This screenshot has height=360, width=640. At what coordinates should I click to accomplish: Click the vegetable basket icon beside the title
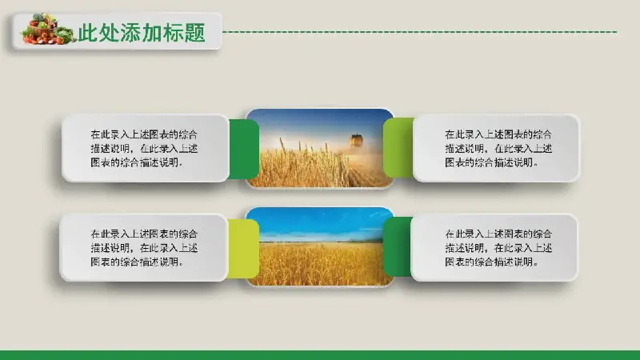coord(48,29)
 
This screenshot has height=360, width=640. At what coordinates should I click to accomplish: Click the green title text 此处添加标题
coord(142,33)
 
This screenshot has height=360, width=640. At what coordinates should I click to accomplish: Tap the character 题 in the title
coord(194,33)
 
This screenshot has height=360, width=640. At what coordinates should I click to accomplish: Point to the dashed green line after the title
coord(420,31)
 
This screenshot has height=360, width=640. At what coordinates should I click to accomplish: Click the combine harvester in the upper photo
coord(356,140)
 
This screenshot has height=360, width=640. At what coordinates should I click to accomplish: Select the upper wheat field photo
coord(319,148)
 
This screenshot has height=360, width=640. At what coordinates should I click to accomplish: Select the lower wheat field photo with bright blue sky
coord(319,246)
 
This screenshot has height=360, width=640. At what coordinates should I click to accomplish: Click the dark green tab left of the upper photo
coord(243,149)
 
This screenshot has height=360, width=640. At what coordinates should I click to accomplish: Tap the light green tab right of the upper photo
coord(398,147)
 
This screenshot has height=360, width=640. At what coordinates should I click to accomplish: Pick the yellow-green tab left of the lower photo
coord(243,249)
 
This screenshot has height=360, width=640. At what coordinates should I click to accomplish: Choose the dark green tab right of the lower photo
coord(398,246)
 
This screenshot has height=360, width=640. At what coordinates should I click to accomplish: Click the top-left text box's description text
coord(144,148)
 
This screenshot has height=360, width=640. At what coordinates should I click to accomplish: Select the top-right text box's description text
coord(498,148)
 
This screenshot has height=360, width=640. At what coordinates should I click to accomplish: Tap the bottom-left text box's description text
coord(144,248)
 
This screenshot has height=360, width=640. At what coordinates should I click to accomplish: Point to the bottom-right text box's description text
coord(498,248)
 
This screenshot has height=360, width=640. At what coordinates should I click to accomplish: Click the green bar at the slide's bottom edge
coord(320,355)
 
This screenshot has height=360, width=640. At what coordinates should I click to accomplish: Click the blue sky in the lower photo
coord(319,222)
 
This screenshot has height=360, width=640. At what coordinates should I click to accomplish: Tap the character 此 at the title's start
coord(88,33)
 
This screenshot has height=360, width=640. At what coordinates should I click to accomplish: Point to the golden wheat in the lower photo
coord(319,264)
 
